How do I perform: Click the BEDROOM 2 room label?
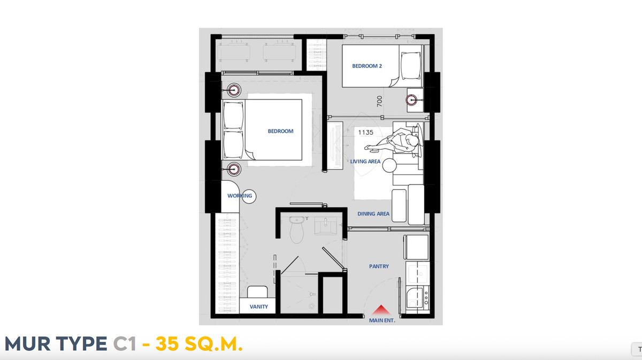click(x=367, y=66)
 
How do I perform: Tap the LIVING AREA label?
click(x=365, y=162)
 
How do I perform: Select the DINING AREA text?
click(x=373, y=213)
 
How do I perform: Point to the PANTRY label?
click(x=379, y=266)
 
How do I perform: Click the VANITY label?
click(x=259, y=307)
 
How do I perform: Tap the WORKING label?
click(x=240, y=196)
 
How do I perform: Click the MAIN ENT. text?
click(x=382, y=320)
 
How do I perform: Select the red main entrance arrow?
click(x=381, y=310)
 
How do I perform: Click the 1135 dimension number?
click(x=366, y=133)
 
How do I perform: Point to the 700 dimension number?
click(x=379, y=102)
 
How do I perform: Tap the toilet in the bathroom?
click(x=296, y=230)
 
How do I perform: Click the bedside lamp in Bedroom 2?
click(x=412, y=100)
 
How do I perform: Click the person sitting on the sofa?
click(x=395, y=142)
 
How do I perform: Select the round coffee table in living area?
click(x=389, y=165)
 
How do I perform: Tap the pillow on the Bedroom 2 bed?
click(x=411, y=66)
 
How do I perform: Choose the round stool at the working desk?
click(x=249, y=196)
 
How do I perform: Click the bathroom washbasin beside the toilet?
click(x=326, y=226)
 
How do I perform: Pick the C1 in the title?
click(x=124, y=343)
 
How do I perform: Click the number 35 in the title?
click(x=167, y=343)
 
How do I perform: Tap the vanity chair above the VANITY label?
click(x=257, y=292)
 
